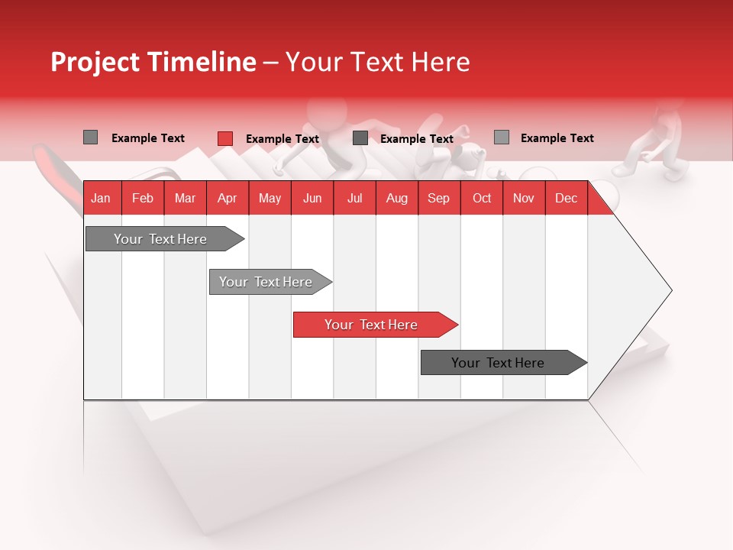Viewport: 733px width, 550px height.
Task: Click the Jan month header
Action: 101,199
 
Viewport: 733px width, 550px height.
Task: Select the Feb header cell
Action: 143,199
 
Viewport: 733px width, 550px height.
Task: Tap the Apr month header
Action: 227,199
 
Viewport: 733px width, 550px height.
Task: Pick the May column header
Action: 270,199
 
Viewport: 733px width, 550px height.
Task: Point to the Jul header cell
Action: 354,199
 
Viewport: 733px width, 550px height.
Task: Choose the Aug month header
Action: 396,199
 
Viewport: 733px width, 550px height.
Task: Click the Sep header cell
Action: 438,199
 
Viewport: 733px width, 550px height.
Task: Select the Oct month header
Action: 482,199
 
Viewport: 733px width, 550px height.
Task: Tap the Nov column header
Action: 524,199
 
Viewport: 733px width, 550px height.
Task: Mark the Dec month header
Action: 566,199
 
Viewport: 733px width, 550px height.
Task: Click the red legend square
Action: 225,138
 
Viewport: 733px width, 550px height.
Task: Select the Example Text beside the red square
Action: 282,139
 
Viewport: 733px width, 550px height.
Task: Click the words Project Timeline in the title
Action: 153,62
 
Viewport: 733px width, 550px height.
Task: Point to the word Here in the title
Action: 441,62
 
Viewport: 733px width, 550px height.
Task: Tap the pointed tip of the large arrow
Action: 670,290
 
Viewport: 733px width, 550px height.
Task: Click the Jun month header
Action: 312,199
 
